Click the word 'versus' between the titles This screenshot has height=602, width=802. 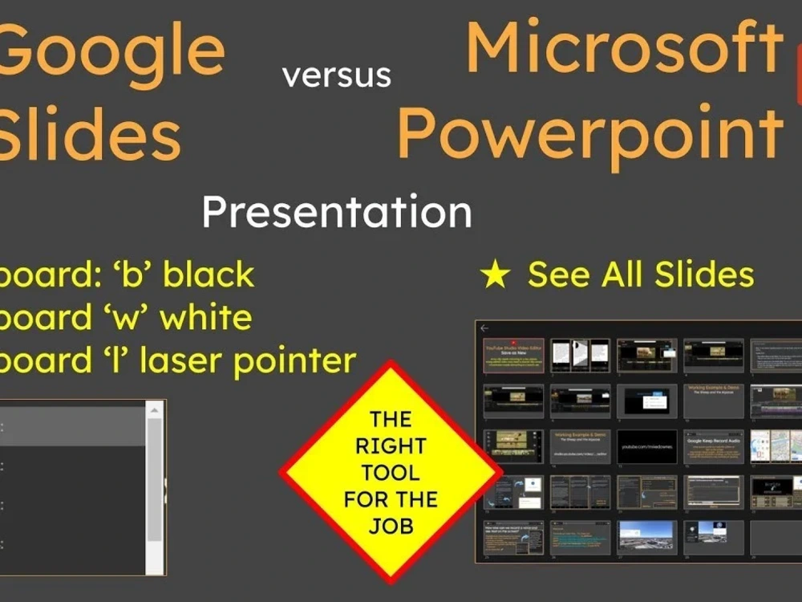(x=337, y=75)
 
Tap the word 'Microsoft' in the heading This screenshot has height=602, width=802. (x=625, y=48)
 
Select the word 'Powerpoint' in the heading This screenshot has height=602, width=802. (x=590, y=133)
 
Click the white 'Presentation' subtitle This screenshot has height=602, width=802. (x=336, y=212)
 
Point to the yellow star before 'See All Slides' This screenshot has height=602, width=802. (x=495, y=275)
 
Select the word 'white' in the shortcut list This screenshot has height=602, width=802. (x=206, y=318)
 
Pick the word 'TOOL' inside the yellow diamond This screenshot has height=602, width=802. (x=390, y=472)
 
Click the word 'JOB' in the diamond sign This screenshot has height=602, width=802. (x=390, y=526)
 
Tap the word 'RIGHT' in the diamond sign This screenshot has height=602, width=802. (x=390, y=445)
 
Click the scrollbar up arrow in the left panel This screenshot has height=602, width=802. (x=155, y=410)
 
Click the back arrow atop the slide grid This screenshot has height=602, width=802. (x=484, y=328)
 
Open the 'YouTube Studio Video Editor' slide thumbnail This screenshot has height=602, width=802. (x=512, y=356)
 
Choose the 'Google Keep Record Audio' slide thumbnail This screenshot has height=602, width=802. (x=713, y=446)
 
